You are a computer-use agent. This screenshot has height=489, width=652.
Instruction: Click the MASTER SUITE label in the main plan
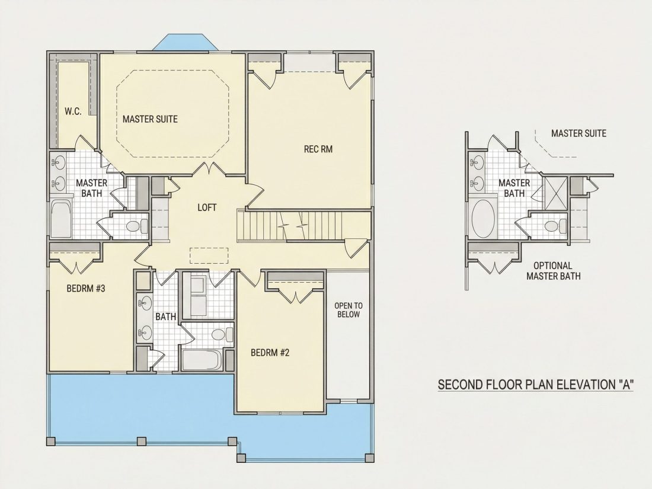click(150, 119)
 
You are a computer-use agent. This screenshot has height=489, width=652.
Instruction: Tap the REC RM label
click(318, 149)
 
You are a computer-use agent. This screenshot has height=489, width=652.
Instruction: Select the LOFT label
click(207, 207)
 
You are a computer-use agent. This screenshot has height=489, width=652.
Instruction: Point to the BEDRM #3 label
click(86, 288)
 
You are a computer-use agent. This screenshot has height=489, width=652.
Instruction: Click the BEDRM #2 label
click(270, 353)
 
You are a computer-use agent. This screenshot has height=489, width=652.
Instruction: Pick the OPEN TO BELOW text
click(349, 310)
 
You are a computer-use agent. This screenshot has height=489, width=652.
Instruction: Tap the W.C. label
click(73, 111)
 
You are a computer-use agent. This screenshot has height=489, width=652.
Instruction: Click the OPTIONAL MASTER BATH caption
click(554, 271)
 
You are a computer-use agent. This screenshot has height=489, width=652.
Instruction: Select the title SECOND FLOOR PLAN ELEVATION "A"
click(536, 385)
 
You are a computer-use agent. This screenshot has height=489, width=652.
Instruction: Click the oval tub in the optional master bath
click(483, 219)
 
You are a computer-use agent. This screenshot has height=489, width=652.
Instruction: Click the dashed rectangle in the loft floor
click(209, 255)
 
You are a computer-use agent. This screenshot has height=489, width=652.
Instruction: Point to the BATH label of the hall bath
click(165, 317)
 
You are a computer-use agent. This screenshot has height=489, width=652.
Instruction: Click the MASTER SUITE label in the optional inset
click(579, 133)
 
